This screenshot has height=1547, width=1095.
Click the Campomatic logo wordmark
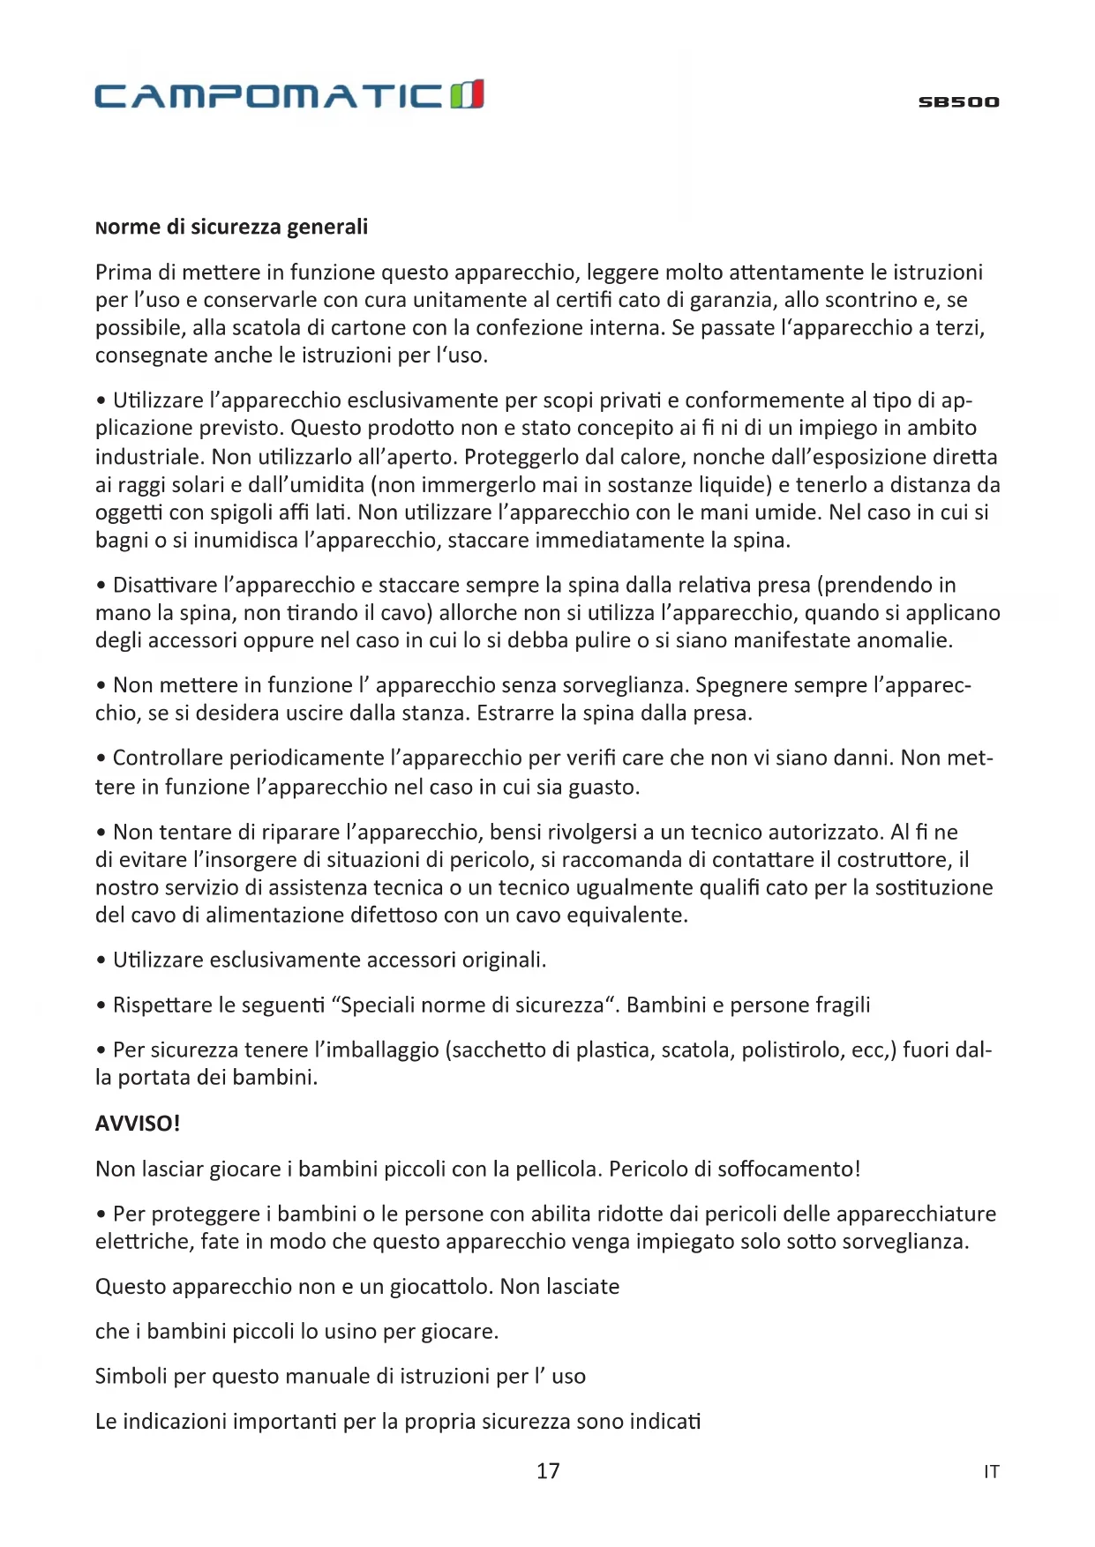[x=269, y=94]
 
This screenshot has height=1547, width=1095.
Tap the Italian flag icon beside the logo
[x=467, y=93]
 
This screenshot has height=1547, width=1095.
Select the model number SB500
[x=958, y=102]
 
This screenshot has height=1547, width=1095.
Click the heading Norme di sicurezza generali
[x=231, y=228]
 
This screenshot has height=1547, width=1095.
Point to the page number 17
[x=548, y=1470]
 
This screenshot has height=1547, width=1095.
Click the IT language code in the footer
[x=991, y=1471]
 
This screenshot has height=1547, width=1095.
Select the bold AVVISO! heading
[x=138, y=1124]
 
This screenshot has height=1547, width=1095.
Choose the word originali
[x=504, y=960]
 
